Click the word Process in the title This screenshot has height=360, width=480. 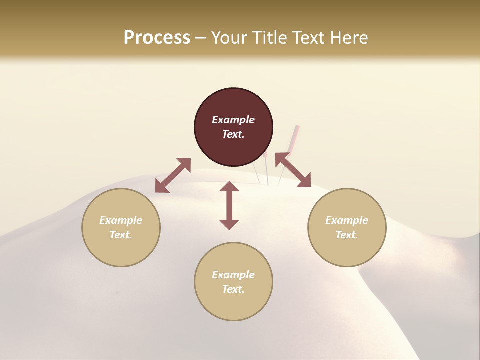click(157, 38)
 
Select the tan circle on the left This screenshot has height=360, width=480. click(121, 227)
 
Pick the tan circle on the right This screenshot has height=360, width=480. click(347, 227)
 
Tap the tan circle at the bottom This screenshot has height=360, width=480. click(233, 282)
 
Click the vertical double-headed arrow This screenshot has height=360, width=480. click(229, 205)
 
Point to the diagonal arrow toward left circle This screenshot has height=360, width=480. click(173, 175)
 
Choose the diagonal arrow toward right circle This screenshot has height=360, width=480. click(293, 170)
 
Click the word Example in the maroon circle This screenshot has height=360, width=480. click(233, 120)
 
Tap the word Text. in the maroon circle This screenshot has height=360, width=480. click(233, 134)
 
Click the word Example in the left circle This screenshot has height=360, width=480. click(121, 220)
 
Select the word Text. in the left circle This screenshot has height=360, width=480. click(121, 235)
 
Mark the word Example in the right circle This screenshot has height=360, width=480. click(347, 220)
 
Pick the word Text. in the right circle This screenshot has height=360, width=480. click(347, 235)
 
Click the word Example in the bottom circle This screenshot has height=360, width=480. click(233, 275)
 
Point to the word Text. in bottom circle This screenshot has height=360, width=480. click(233, 289)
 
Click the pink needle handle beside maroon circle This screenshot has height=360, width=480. click(296, 137)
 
